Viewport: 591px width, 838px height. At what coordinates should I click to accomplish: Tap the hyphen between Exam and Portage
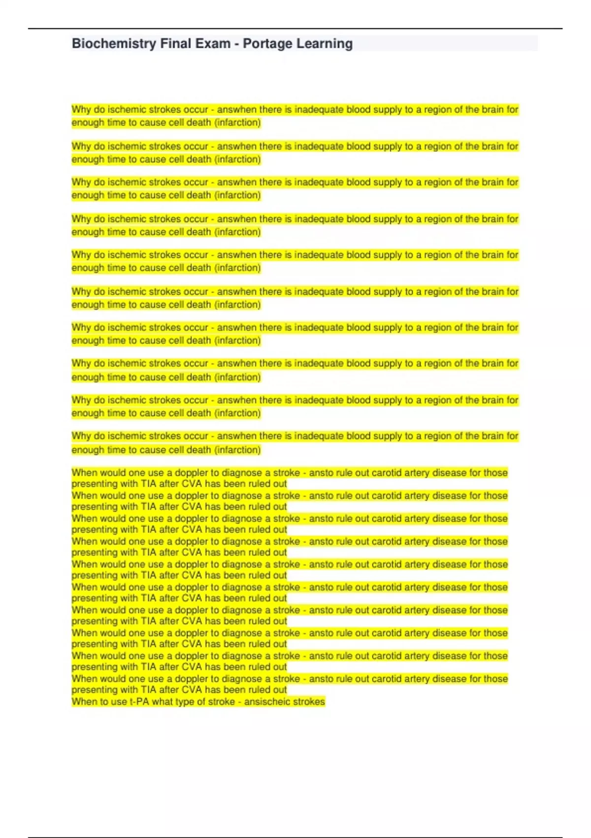click(x=237, y=44)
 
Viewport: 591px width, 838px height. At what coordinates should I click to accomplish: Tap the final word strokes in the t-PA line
click(x=309, y=701)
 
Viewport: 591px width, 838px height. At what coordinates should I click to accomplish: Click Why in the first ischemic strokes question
click(x=81, y=109)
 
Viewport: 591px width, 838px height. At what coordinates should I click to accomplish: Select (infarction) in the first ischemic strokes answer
click(x=237, y=122)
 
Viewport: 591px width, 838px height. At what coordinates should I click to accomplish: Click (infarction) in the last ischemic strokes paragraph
click(x=237, y=450)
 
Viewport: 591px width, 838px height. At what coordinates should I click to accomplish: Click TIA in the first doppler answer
click(x=148, y=484)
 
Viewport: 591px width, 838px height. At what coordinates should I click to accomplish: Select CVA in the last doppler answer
click(x=192, y=690)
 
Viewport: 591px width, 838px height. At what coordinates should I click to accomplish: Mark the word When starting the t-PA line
click(x=84, y=701)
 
